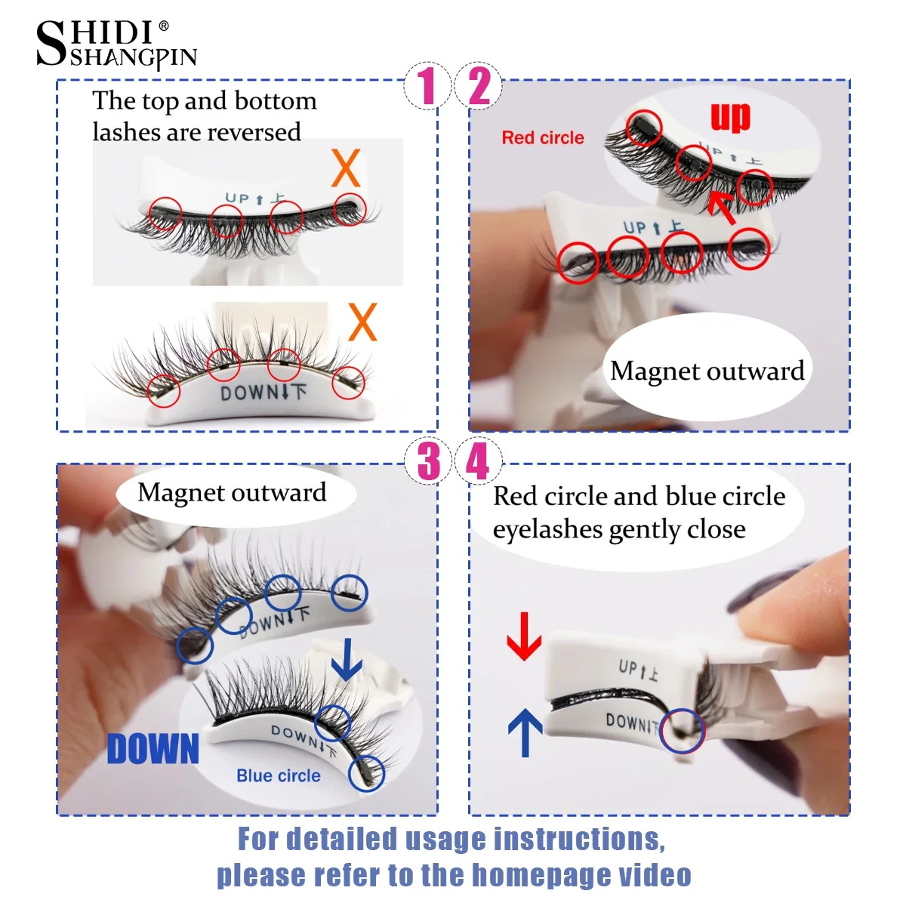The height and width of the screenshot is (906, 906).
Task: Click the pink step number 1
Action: [x=427, y=85]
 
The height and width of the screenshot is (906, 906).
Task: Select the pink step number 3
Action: [x=428, y=461]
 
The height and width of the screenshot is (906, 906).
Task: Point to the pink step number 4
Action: [x=478, y=461]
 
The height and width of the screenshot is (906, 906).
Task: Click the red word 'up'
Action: [x=730, y=117]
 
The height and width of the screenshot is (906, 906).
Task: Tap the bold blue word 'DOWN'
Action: [x=153, y=749]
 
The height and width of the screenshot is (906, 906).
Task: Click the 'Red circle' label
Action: [x=543, y=138]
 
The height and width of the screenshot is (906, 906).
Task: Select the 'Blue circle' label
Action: [x=279, y=776]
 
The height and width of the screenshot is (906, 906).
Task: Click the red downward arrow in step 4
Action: [x=524, y=636]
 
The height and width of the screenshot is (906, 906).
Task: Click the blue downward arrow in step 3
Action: [x=347, y=659]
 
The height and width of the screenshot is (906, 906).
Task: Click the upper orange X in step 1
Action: [x=346, y=168]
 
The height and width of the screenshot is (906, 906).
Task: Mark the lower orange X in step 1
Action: [x=362, y=322]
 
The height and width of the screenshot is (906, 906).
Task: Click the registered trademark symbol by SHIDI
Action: [x=164, y=26]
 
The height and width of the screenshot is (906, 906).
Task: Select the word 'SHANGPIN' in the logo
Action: [x=133, y=58]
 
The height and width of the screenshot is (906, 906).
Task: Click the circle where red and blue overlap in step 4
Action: [x=682, y=731]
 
